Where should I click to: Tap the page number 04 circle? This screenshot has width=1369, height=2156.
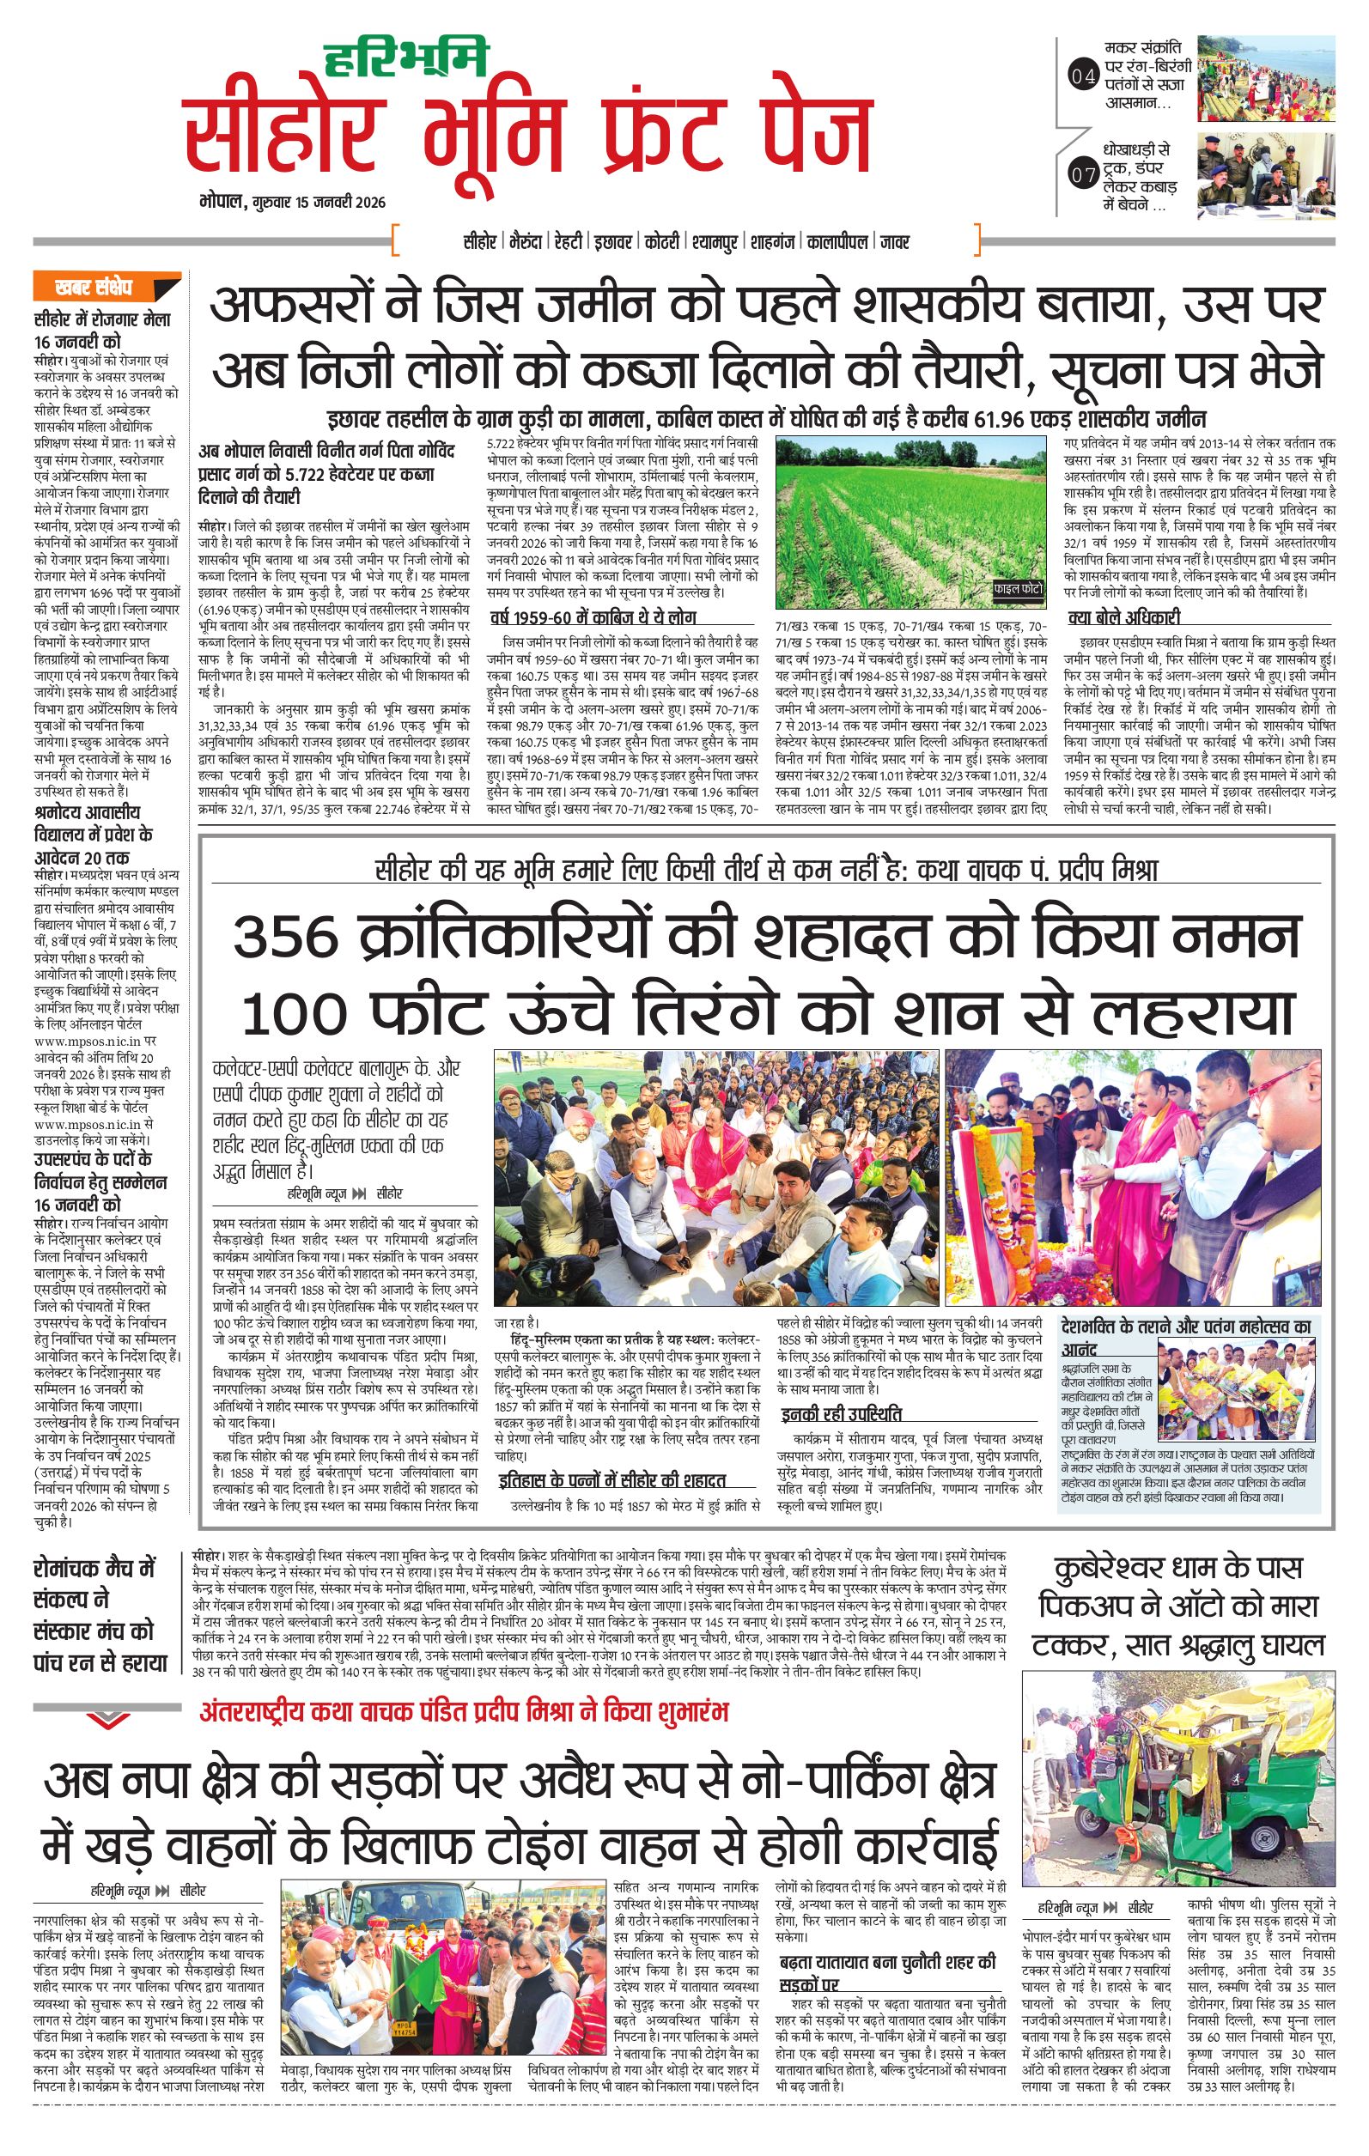[1082, 78]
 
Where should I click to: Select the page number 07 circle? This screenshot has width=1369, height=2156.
[1082, 175]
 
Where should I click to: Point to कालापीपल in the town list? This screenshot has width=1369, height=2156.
[837, 242]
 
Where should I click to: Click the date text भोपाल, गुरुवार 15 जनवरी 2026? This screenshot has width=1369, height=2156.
[293, 203]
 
